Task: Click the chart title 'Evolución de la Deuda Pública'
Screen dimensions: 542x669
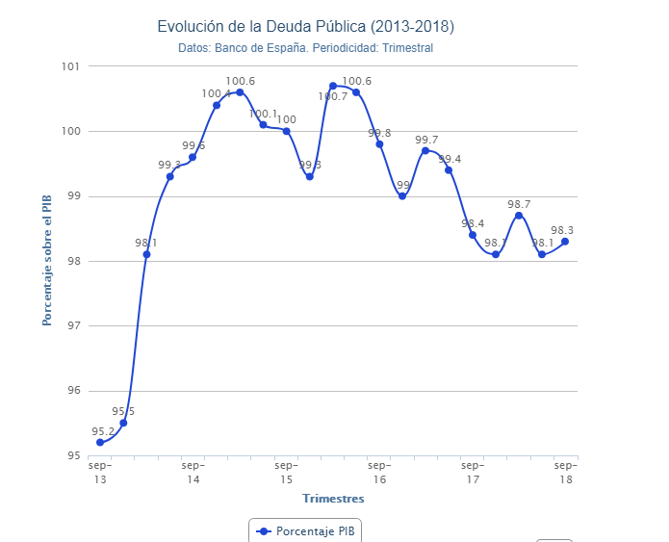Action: pyautogui.click(x=305, y=26)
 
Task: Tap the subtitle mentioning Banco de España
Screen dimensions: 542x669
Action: pyautogui.click(x=305, y=48)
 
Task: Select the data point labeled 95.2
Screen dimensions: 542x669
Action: pyautogui.click(x=100, y=442)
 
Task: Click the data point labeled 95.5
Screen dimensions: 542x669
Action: pyautogui.click(x=123, y=423)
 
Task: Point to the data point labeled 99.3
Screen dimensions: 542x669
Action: pyautogui.click(x=170, y=176)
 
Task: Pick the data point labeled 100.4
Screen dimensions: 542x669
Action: pyautogui.click(x=217, y=105)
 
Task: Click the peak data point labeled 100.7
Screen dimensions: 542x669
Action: pyautogui.click(x=333, y=86)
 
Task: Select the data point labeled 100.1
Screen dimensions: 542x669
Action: pyautogui.click(x=263, y=124)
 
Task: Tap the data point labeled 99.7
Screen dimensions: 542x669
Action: pyautogui.click(x=425, y=150)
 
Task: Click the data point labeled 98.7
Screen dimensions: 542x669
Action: pyautogui.click(x=519, y=215)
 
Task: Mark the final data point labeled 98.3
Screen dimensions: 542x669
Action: pyautogui.click(x=565, y=241)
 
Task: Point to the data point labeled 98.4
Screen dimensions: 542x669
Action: pyautogui.click(x=473, y=235)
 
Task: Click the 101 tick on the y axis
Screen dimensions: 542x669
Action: pyautogui.click(x=68, y=66)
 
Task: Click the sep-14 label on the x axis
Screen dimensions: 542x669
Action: pyautogui.click(x=193, y=472)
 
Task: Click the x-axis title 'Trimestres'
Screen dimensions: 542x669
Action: pyautogui.click(x=333, y=499)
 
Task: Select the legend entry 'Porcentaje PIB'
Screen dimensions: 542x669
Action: pyautogui.click(x=305, y=530)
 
